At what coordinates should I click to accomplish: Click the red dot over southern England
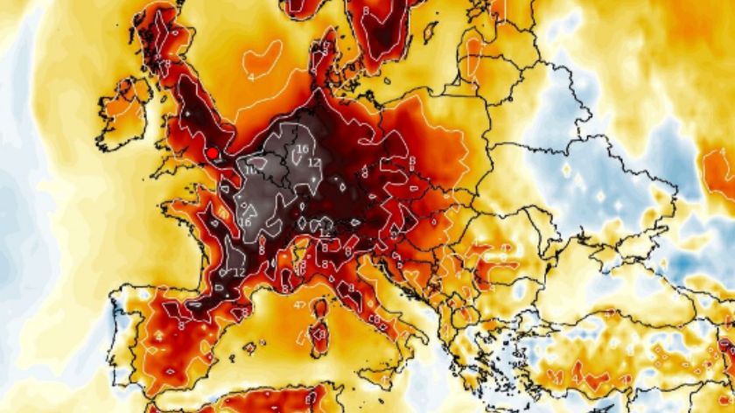point(212,152)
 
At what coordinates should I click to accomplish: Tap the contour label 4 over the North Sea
point(250,77)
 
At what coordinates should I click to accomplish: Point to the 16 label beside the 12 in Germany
point(302,150)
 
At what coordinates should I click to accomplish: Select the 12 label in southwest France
point(238,273)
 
